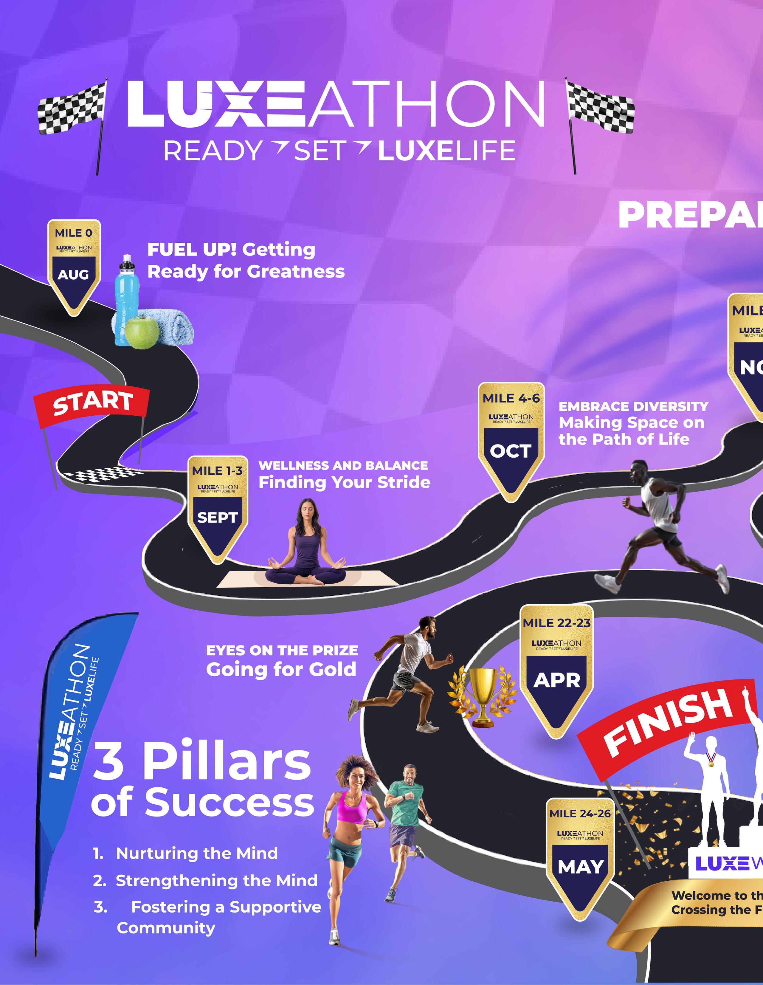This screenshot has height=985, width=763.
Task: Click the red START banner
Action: [x=92, y=404]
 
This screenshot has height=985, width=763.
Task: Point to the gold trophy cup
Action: [x=482, y=695]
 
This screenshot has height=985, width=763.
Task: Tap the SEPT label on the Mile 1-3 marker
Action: [x=217, y=517]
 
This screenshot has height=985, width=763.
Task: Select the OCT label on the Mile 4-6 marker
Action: [x=511, y=450]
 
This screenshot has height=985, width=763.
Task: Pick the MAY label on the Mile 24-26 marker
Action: [x=580, y=866]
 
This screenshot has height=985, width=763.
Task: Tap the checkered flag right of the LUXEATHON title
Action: [x=599, y=107]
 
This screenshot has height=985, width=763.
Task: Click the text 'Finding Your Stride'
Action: [x=344, y=482]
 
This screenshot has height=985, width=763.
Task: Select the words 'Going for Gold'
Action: [x=281, y=669]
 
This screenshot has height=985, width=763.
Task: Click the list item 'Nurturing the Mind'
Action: [x=197, y=853]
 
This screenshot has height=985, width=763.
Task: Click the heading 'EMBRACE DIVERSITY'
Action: [x=633, y=406]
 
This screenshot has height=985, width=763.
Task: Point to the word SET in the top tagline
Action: [x=320, y=151]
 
